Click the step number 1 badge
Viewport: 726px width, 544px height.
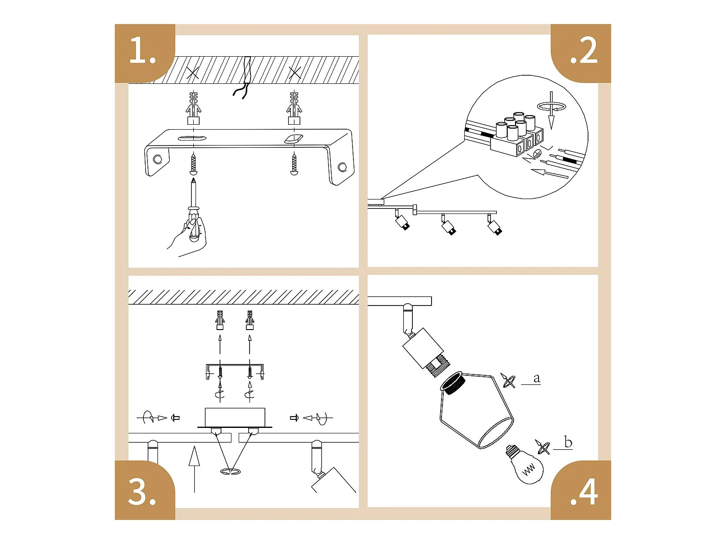(145, 53)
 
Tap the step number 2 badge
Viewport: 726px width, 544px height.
(581, 53)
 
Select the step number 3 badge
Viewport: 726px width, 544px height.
(145, 490)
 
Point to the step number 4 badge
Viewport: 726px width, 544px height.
(581, 490)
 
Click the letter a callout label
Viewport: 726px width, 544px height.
(536, 379)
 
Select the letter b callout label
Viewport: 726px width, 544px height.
(568, 442)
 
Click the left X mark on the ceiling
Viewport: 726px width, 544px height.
(193, 73)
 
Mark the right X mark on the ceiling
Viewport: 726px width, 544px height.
(294, 73)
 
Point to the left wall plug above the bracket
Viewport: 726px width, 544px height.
(193, 108)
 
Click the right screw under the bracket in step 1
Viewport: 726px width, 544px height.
(294, 164)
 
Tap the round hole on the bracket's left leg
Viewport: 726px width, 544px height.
(158, 160)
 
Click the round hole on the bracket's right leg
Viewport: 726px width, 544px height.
(342, 167)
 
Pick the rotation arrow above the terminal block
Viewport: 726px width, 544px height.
(552, 107)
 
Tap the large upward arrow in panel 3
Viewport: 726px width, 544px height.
(194, 469)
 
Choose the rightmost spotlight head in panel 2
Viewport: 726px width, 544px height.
(495, 227)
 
